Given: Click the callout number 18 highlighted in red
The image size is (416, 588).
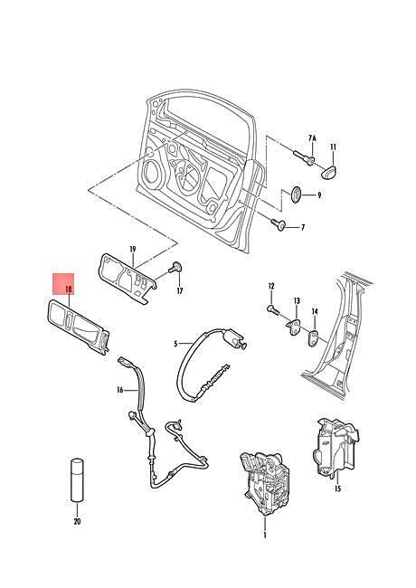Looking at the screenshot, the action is tap(68, 289).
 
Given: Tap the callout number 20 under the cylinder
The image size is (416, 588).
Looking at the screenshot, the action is tap(77, 521).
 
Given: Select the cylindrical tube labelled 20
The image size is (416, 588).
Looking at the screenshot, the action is tap(77, 480).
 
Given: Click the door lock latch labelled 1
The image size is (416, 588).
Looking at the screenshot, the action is tap(265, 483).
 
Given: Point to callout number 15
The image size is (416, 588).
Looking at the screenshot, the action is tap(337, 488).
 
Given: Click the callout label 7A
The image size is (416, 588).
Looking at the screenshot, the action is tap(312, 138).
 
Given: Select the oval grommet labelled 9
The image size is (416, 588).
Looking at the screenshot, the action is tap(296, 194).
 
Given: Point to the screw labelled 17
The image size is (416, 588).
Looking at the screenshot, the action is tap(175, 268).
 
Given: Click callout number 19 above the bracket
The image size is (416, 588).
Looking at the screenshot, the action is tap(133, 249).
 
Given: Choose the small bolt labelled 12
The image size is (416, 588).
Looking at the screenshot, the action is tap(273, 309).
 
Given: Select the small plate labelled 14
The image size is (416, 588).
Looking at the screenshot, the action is tap(313, 338).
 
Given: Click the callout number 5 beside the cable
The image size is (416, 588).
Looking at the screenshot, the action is tap(175, 344).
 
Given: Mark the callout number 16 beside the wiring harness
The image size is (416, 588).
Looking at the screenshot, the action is tap(120, 390).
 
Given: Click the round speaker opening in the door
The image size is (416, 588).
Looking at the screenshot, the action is tap(155, 173).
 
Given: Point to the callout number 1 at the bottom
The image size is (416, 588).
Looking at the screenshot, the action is tap(265, 535).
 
